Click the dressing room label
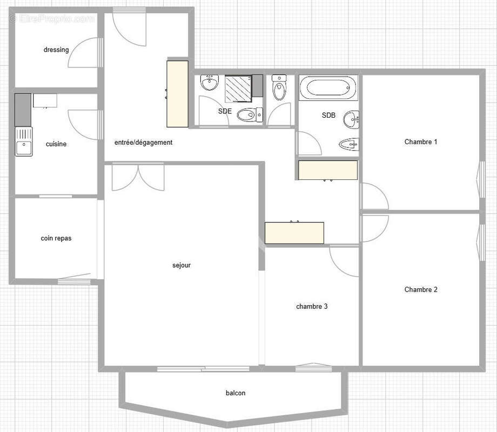tap(56, 50)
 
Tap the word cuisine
tap(56, 144)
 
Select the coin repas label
tap(56, 238)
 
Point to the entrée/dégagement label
tap(143, 143)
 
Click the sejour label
tap(182, 265)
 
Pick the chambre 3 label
tap(312, 306)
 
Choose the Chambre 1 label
tap(421, 142)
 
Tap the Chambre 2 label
tap(421, 289)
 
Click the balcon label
tap(236, 393)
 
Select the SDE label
tap(225, 111)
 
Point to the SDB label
tap(328, 116)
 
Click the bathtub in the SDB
tap(328, 87)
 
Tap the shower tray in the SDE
tap(238, 88)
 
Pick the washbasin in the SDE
tap(209, 83)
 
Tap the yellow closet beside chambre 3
tap(294, 233)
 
